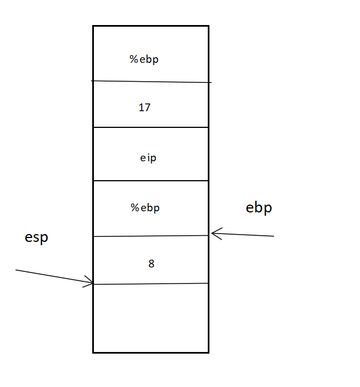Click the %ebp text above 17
pos(144,59)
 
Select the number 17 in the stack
pos(144,108)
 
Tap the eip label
pos(148,158)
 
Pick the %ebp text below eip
pos(145,208)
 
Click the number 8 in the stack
pos(151,264)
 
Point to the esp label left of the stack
pos(37,237)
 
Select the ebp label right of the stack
pos(259,208)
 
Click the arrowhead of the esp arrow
pos(91,282)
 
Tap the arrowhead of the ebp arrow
pos(214,233)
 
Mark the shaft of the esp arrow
pos(50,276)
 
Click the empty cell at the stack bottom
pos(151,318)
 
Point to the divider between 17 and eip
pos(151,127)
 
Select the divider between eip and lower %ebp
pos(151,181)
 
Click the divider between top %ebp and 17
pos(151,82)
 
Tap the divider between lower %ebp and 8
pos(151,236)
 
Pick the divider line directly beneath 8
pos(151,284)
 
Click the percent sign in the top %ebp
pos(134,59)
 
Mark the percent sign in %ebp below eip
pos(134,208)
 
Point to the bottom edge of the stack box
pos(151,352)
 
